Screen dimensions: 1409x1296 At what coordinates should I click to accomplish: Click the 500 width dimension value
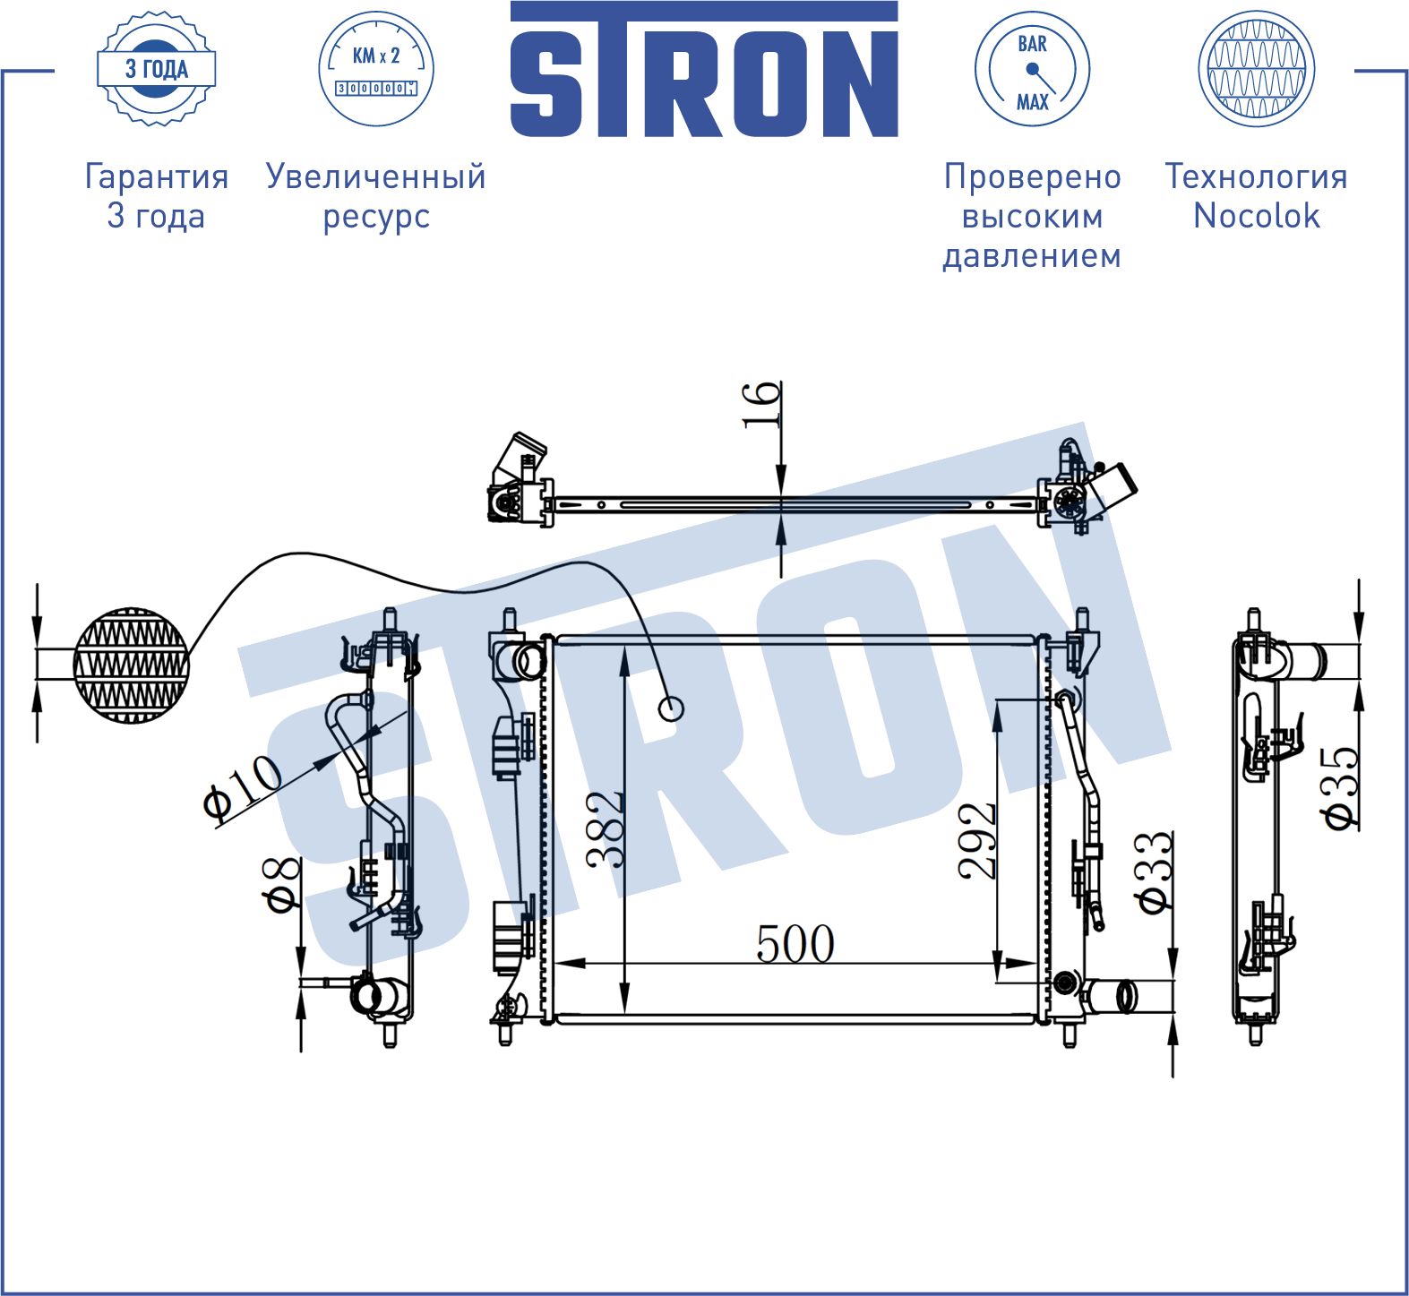coord(795,943)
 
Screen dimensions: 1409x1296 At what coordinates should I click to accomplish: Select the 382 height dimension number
coord(605,829)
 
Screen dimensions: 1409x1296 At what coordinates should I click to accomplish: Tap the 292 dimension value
coord(976,840)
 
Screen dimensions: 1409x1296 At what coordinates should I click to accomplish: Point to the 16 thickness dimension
coord(761,405)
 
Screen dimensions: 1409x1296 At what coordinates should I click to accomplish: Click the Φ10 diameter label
coord(242,787)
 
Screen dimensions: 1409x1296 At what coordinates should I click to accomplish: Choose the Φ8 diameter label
coord(281,884)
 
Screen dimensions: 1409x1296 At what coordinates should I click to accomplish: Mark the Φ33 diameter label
coord(1154,872)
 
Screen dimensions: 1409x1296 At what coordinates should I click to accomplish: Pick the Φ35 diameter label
coord(1340,788)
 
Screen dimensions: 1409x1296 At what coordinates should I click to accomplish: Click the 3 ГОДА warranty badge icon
coord(157,69)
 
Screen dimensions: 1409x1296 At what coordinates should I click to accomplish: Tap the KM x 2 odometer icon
coord(376,69)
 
